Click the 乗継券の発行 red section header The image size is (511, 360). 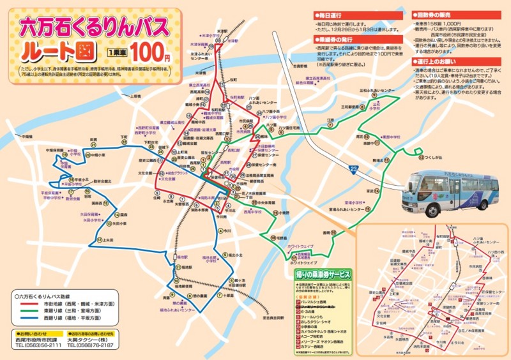pos(333,39)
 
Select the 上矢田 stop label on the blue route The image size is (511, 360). pos(107,240)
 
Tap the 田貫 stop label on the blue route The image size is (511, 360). pos(94,139)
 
